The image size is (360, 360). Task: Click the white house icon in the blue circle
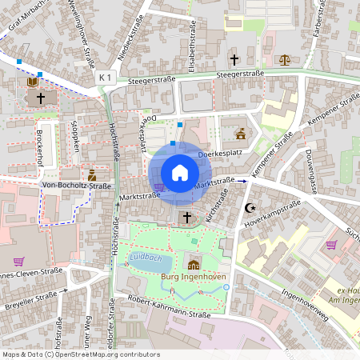point(180,172)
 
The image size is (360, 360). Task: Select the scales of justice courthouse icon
point(286,59)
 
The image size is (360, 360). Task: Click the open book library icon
point(32,82)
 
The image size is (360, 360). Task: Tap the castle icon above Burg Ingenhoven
point(194,265)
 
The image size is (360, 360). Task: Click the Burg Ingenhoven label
point(194,278)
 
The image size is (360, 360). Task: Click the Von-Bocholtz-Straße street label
point(76,186)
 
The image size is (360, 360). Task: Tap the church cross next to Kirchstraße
point(187,217)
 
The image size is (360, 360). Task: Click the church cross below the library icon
point(40,98)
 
